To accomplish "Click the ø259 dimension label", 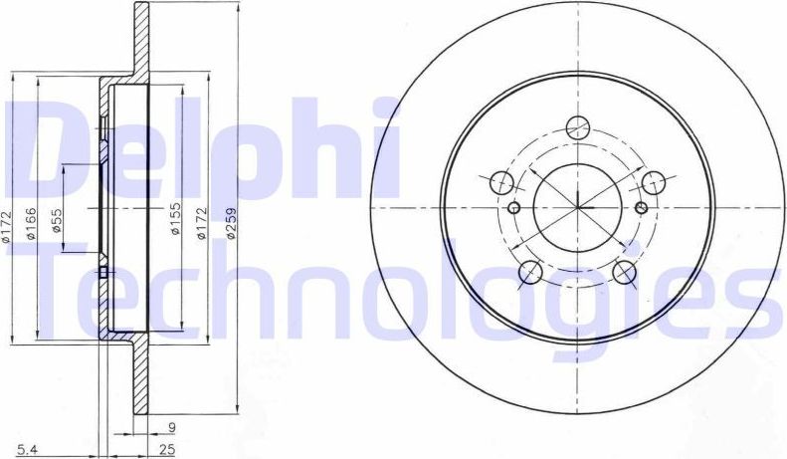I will pyautogui.click(x=231, y=227).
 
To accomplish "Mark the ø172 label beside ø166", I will pyautogui.click(x=7, y=228).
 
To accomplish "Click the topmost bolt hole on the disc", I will pyautogui.click(x=577, y=127).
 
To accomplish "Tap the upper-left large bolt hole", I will pyautogui.click(x=502, y=181).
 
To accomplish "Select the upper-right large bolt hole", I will pyautogui.click(x=653, y=181).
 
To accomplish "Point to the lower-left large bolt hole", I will pyautogui.click(x=530, y=271).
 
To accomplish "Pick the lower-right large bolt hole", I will pyautogui.click(x=624, y=271).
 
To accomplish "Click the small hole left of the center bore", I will pyautogui.click(x=513, y=207).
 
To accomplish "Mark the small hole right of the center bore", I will pyautogui.click(x=641, y=207).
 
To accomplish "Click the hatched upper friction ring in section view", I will pyautogui.click(x=140, y=40).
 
